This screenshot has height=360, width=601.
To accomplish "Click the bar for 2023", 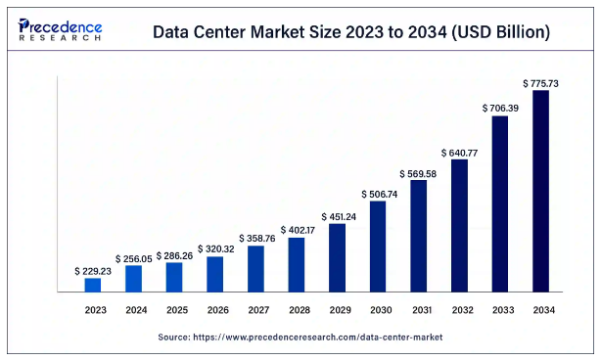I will [93, 285].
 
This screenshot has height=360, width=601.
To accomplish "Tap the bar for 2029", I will [337, 257].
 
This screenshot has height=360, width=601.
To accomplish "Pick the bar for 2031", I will [418, 236].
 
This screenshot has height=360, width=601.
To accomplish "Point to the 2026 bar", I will [215, 274].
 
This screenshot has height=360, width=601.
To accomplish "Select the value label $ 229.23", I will [93, 270].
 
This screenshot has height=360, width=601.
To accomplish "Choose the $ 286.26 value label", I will [174, 254].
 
